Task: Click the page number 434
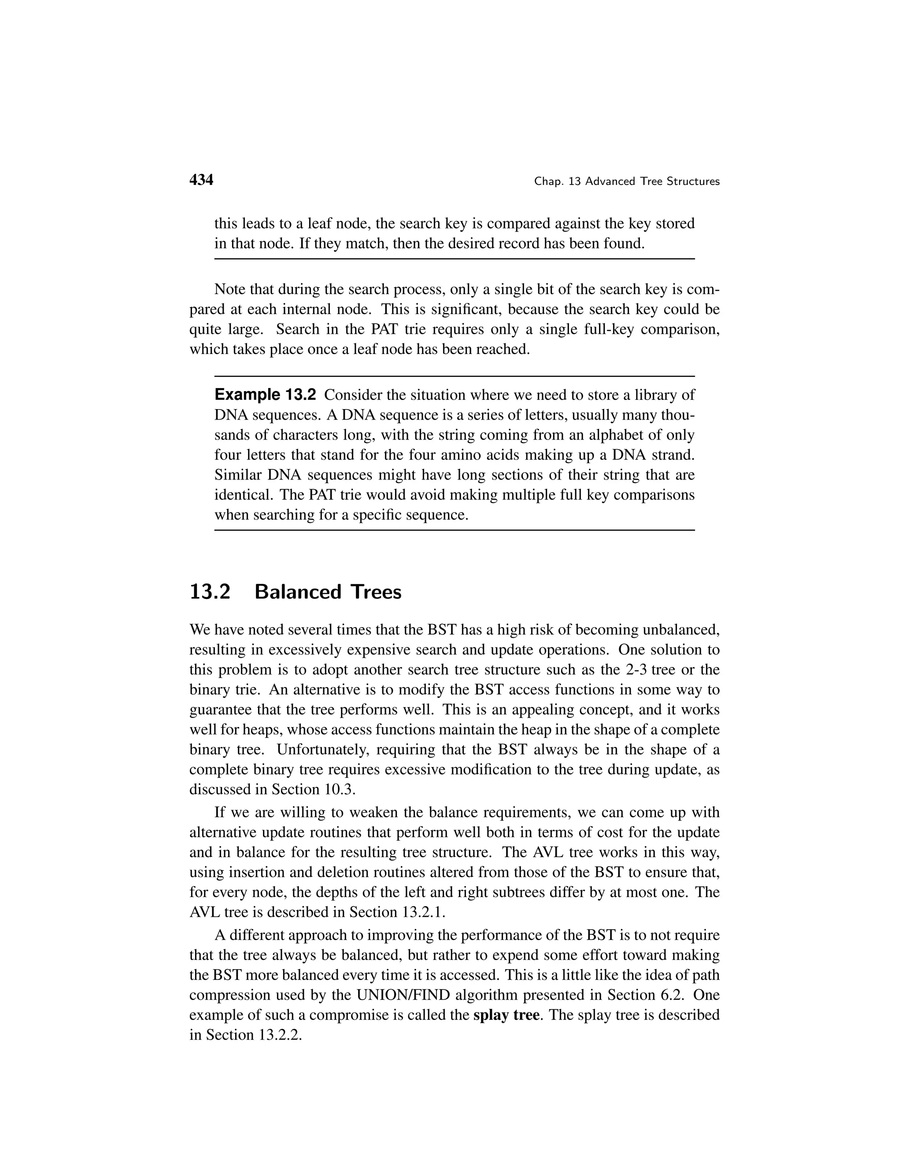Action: coord(201,180)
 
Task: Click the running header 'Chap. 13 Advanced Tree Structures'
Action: coord(627,182)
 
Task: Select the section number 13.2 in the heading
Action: coord(210,592)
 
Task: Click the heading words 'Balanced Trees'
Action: coord(328,592)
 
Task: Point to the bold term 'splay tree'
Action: coord(506,1015)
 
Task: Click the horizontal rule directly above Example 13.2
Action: coord(454,376)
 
